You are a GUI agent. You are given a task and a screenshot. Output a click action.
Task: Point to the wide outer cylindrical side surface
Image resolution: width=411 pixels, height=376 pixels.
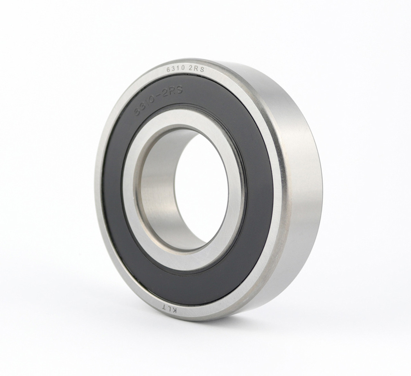coord(308,192)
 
